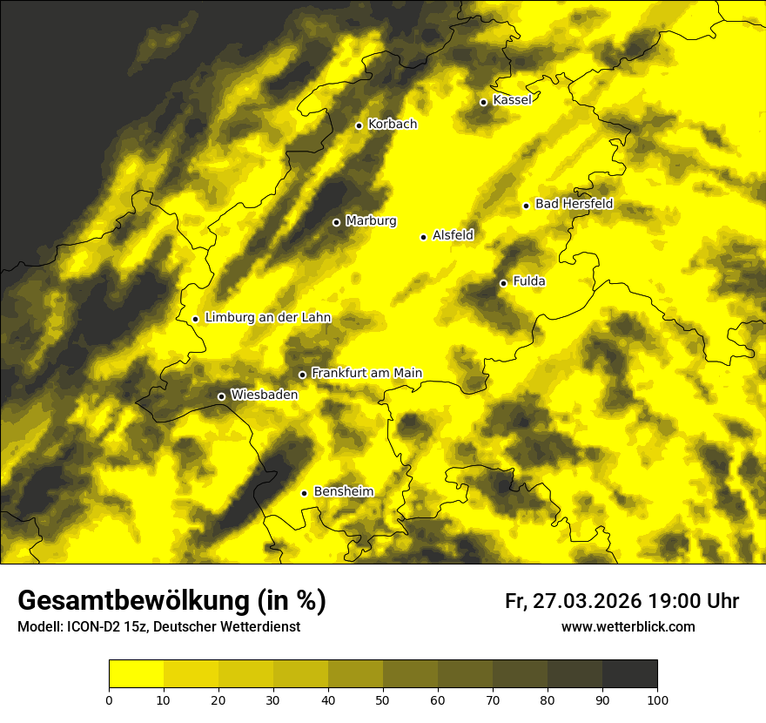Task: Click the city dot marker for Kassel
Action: pyautogui.click(x=483, y=102)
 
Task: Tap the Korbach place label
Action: pyautogui.click(x=392, y=125)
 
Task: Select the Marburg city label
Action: pyautogui.click(x=371, y=221)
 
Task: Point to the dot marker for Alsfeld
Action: pyautogui.click(x=423, y=237)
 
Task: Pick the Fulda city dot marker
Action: pyautogui.click(x=503, y=283)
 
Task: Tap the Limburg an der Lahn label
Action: pyautogui.click(x=267, y=318)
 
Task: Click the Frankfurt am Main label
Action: pyautogui.click(x=366, y=374)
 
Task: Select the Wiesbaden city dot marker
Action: pyautogui.click(x=221, y=396)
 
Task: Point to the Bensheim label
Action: pyautogui.click(x=343, y=492)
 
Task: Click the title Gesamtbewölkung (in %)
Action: pyautogui.click(x=171, y=601)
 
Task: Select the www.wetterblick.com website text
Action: pyautogui.click(x=628, y=626)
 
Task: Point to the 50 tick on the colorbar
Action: pyautogui.click(x=383, y=699)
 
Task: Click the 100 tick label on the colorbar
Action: pyautogui.click(x=657, y=699)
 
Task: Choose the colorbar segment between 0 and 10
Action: pyautogui.click(x=136, y=674)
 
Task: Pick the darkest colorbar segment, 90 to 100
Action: pyautogui.click(x=629, y=674)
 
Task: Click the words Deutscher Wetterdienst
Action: pyautogui.click(x=232, y=626)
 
